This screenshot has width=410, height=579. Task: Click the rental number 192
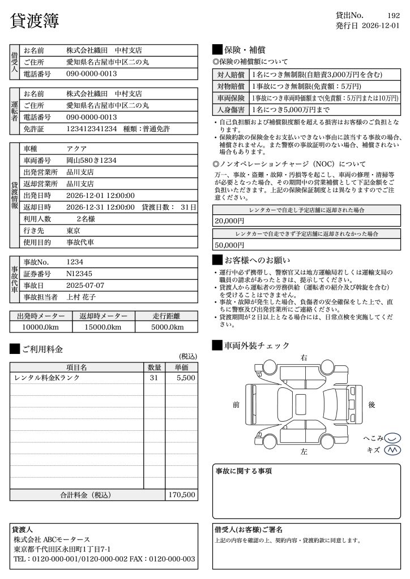(394, 15)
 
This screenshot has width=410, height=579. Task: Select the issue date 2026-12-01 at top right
(380, 25)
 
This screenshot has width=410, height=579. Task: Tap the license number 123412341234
(91, 129)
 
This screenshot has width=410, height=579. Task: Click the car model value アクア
(76, 149)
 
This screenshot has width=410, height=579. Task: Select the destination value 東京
(73, 231)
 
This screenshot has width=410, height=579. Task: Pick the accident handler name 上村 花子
(81, 297)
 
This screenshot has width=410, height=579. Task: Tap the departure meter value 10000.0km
(41, 327)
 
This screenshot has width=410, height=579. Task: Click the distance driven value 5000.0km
(168, 327)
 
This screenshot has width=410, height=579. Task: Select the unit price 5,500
(186, 378)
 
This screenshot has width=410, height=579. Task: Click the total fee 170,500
(182, 495)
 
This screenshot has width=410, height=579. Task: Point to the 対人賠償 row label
(230, 75)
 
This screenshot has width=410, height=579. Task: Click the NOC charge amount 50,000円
(229, 245)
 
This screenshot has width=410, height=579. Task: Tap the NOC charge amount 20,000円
(229, 221)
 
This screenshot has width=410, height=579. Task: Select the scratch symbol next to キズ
(392, 450)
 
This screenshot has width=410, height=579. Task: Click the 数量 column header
(154, 368)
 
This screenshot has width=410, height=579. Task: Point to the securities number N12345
(79, 274)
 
